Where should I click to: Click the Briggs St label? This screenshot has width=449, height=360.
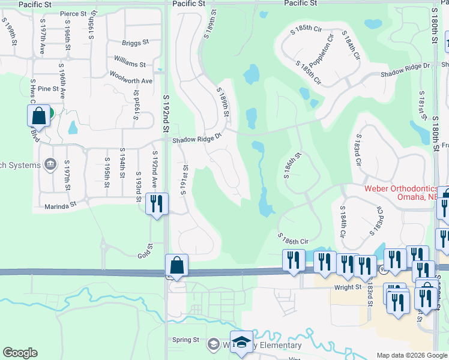(x=135, y=43)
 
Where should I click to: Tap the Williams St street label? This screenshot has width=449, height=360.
(x=130, y=64)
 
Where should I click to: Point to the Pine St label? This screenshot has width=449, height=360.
(x=47, y=89)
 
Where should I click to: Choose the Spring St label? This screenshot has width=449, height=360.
(x=185, y=340)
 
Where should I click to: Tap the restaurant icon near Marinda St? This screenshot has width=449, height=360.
(x=156, y=203)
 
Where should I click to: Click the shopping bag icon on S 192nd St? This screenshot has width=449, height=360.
(x=177, y=265)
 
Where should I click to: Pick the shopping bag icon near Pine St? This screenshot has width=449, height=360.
(x=38, y=116)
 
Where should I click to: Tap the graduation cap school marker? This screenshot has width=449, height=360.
(x=241, y=342)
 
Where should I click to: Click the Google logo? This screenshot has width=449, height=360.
(x=20, y=353)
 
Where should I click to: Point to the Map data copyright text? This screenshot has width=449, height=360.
(x=403, y=355)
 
